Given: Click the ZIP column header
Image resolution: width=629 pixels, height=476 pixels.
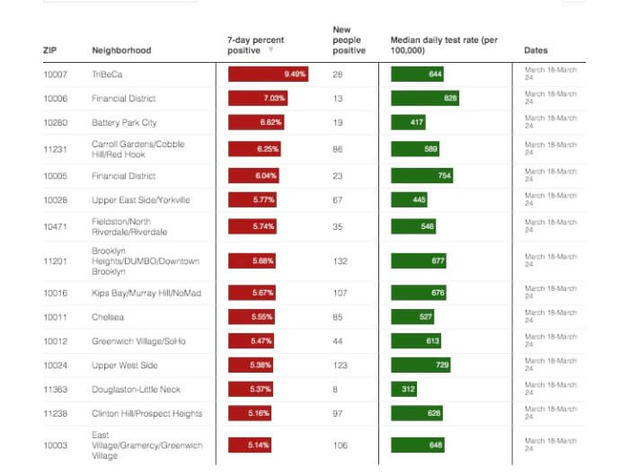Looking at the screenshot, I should pos(49,50).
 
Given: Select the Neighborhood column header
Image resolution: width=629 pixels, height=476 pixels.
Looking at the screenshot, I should pos(121,50).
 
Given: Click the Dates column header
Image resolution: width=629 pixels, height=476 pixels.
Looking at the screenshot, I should pos(536,50).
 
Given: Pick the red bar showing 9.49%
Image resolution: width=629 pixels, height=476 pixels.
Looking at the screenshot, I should pos(268,74).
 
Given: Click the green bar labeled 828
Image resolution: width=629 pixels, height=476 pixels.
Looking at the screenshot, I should pos(424,98).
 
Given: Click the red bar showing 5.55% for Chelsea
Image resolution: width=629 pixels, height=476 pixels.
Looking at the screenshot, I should pos(252,317).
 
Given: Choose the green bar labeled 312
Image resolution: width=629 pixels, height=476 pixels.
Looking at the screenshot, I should pos(403,389).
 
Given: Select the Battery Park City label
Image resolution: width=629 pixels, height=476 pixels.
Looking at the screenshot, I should pos(124,122).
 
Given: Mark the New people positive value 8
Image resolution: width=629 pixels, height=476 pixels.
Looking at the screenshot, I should pos(335,389).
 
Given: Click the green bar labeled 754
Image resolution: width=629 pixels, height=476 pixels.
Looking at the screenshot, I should pos(421,176).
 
